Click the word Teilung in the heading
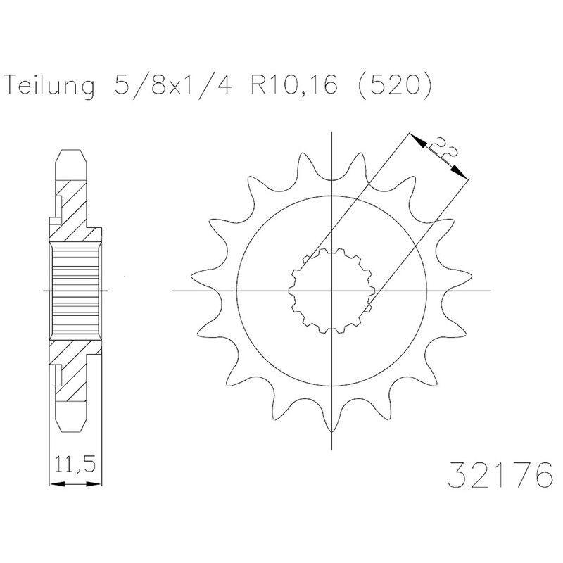coord(51,86)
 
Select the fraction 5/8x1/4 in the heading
coord(173,85)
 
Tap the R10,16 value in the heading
coord(294,84)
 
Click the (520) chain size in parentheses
coord(394,85)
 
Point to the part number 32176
coord(500,474)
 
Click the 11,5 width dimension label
coord(76,464)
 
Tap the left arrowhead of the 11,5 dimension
coord(57,484)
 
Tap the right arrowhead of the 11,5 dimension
coord(94,484)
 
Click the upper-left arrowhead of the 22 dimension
coord(417,139)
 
